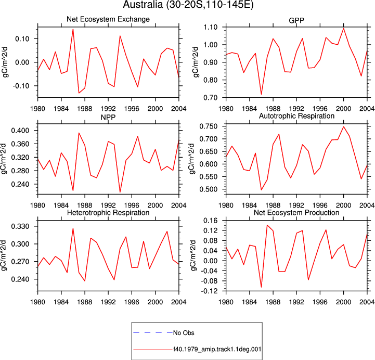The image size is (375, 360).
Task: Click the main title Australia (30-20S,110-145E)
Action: click(x=188, y=5)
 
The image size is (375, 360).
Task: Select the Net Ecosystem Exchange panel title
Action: click(x=108, y=19)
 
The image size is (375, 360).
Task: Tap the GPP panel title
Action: click(x=296, y=21)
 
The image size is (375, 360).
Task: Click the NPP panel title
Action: click(x=108, y=117)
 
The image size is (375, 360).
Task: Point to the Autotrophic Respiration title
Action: click(x=296, y=116)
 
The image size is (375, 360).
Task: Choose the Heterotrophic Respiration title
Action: click(x=108, y=213)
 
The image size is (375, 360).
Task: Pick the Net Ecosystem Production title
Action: click(x=296, y=213)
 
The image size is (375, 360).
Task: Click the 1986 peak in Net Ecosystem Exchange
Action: click(x=73, y=29)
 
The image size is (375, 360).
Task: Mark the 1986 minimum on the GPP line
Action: click(x=261, y=94)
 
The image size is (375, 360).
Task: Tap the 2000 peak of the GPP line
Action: click(x=344, y=29)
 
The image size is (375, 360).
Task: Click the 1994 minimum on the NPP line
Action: click(x=120, y=192)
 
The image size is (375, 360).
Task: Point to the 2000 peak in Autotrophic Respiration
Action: click(x=344, y=126)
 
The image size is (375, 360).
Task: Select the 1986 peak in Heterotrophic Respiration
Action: click(x=73, y=228)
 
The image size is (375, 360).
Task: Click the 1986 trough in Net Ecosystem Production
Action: click(x=261, y=287)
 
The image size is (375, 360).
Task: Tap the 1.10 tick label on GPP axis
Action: click(x=211, y=27)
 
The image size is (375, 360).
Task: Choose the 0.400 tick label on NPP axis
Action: click(x=20, y=131)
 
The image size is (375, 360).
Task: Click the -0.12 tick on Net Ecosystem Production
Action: click(x=209, y=291)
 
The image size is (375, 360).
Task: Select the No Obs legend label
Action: click(x=184, y=333)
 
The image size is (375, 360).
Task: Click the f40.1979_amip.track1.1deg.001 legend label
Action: click(x=217, y=350)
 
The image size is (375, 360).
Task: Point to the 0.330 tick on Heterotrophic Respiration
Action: click(x=20, y=226)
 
